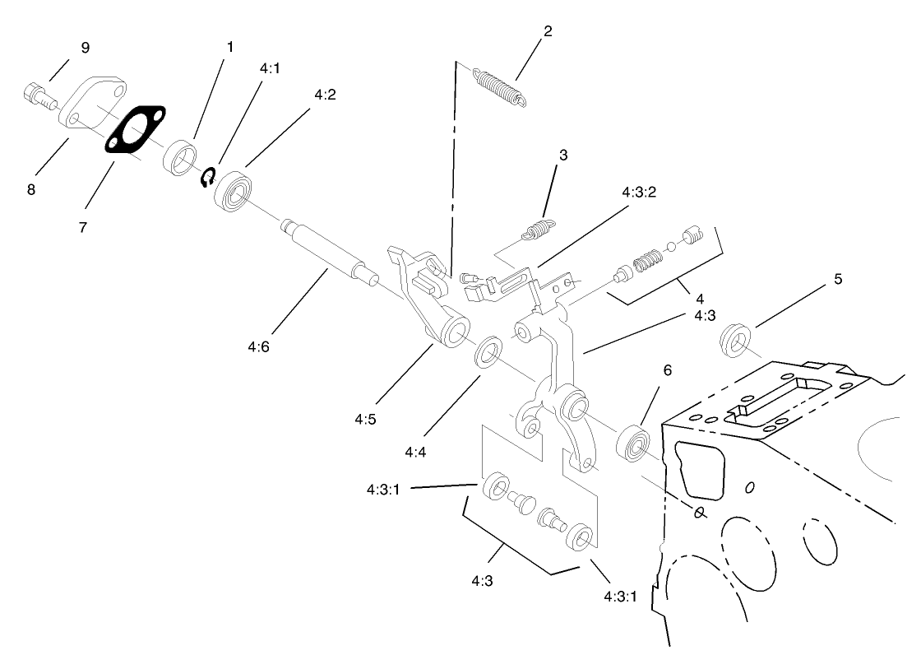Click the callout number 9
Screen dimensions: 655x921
[x=85, y=48]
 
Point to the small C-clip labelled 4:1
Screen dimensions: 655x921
[x=209, y=175]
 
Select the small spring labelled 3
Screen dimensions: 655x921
[x=538, y=229]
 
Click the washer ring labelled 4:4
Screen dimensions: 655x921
[x=488, y=351]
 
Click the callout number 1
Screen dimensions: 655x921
[x=229, y=47]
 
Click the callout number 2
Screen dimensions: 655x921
[x=547, y=32]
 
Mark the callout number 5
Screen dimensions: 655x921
[x=837, y=279]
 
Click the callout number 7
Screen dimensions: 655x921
[x=84, y=227]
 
